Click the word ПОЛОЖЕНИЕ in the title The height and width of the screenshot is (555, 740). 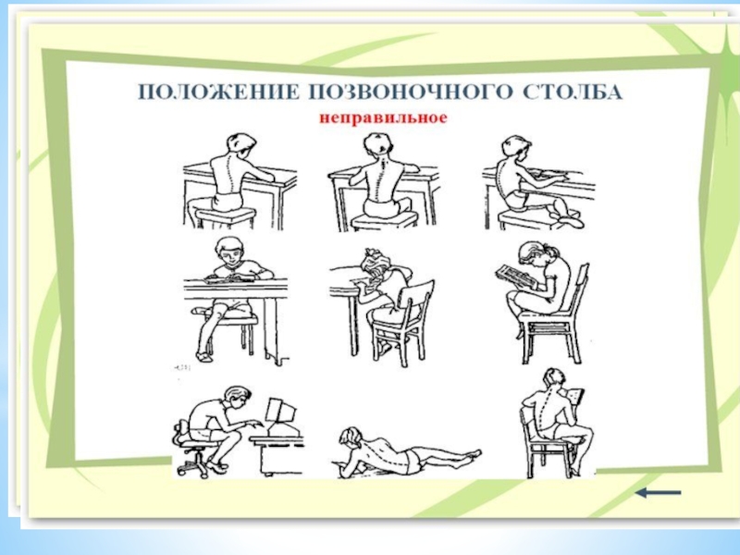click(218, 92)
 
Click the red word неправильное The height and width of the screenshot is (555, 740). click(383, 117)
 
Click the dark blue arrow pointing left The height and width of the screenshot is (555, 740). click(659, 493)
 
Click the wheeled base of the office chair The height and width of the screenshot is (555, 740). click(193, 465)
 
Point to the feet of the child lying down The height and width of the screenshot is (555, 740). click(472, 455)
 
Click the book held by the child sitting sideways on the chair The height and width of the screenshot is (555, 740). click(575, 396)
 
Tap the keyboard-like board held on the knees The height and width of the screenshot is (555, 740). click(516, 276)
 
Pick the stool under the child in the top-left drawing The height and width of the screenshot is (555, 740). click(225, 218)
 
